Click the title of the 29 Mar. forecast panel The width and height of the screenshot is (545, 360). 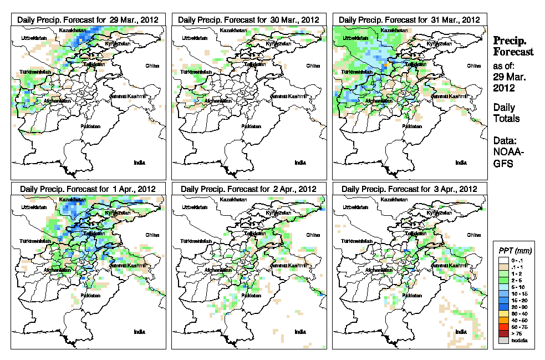[88, 19]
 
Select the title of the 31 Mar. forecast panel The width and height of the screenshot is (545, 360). [410, 19]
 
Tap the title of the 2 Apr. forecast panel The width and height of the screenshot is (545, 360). [249, 189]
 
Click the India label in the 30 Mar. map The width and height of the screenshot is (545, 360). [300, 163]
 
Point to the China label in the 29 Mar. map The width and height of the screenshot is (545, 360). [152, 65]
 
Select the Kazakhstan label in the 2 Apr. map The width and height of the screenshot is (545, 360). [233, 199]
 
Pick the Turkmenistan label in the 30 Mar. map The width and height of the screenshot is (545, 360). [196, 73]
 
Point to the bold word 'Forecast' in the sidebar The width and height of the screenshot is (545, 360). [513, 52]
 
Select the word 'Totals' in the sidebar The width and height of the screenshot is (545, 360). [506, 118]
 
